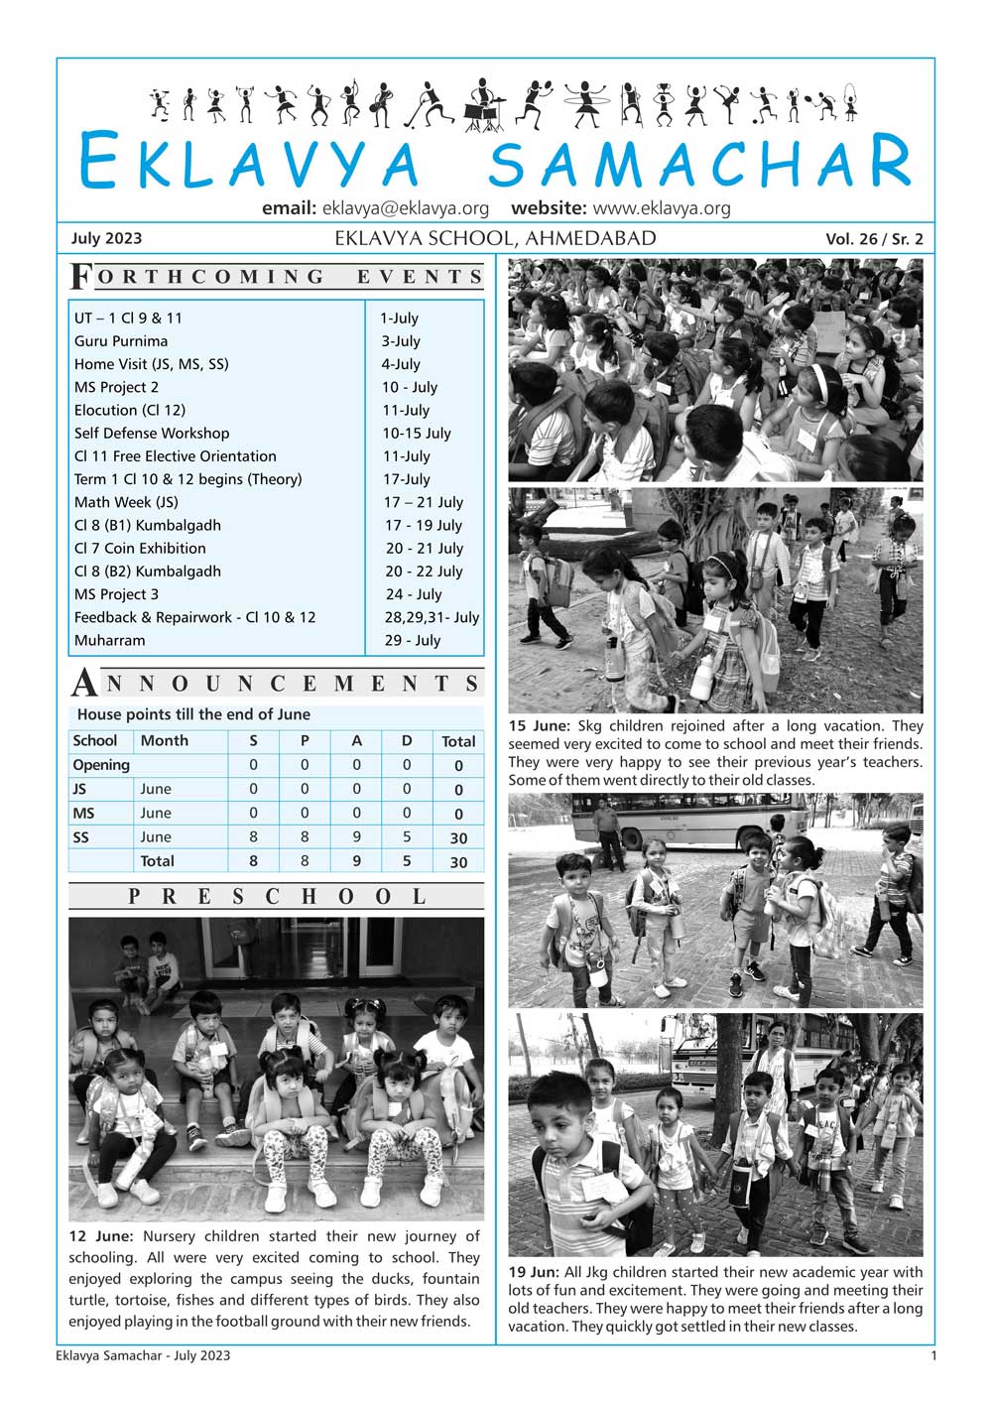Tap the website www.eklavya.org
pos(661,208)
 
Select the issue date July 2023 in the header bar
pos(106,238)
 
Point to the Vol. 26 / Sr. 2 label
pos(874,239)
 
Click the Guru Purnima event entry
pos(121,341)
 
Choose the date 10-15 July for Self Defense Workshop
pos(417,434)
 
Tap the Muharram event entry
pos(109,641)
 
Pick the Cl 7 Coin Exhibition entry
pos(140,549)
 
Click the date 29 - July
pos(413,641)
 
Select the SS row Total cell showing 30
pos(458,838)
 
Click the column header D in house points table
pos(407,741)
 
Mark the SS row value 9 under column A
pos(356,837)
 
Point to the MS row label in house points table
pos(83,814)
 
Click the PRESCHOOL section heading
pos(277,897)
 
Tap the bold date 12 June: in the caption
pos(101,1236)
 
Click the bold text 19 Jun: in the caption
pos(534,1272)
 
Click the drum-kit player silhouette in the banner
pos(483,105)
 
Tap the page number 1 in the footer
pos(933,1355)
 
